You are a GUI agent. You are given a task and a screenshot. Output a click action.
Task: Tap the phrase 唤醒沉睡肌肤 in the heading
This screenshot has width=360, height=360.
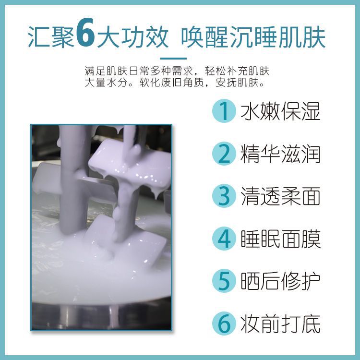click(x=253, y=37)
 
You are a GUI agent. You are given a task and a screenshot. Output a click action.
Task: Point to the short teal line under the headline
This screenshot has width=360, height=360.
click(x=173, y=59)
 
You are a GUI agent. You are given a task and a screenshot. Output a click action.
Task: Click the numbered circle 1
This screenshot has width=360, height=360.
click(x=224, y=111)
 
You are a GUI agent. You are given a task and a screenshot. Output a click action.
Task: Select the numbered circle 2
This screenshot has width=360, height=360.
click(x=224, y=154)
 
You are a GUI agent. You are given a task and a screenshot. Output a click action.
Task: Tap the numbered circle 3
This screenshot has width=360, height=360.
click(x=224, y=196)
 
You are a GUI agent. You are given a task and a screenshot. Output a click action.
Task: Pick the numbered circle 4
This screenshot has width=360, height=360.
click(x=224, y=238)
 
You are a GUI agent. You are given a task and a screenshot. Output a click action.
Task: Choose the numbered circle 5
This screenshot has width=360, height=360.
click(x=224, y=281)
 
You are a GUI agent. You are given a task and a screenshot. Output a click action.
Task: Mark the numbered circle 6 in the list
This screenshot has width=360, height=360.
click(x=224, y=323)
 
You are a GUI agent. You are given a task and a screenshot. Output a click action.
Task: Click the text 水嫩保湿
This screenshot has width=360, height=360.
click(x=280, y=111)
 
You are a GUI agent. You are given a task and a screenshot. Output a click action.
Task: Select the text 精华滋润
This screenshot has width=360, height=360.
click(x=280, y=154)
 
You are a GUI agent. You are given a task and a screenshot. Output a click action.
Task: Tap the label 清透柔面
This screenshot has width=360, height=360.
click(x=280, y=196)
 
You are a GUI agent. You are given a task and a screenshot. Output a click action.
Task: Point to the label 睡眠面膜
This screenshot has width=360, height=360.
click(x=280, y=239)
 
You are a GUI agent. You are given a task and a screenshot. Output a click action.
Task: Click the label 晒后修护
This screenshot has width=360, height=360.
click(x=280, y=281)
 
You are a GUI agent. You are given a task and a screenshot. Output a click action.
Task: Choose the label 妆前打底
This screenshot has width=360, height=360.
click(x=280, y=324)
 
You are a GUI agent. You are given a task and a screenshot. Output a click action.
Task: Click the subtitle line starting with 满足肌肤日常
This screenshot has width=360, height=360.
click(x=177, y=71)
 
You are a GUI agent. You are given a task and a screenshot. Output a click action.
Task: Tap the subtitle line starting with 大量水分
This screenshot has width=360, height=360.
click(x=175, y=83)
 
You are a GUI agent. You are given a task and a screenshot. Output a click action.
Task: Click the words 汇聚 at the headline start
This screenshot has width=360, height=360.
click(x=51, y=37)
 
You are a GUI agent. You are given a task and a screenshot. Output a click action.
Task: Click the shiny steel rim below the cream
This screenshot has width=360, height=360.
click(x=101, y=316)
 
